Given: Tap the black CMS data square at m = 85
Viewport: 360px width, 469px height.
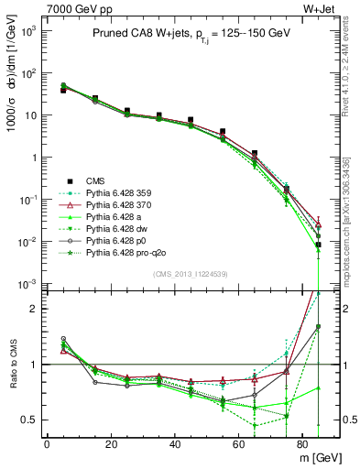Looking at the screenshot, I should [318, 245].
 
